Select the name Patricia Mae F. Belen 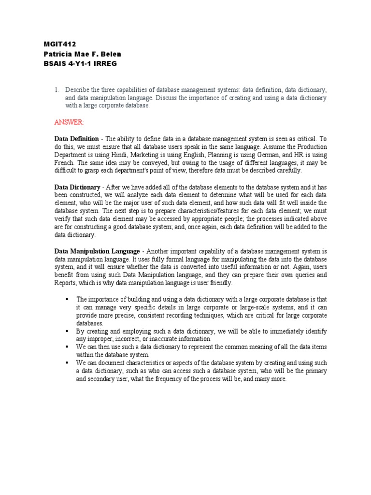click(82, 54)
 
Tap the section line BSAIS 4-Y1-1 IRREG click(80, 64)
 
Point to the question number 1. click(57, 90)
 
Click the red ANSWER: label click(69, 122)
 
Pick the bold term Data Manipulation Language click(97, 251)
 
